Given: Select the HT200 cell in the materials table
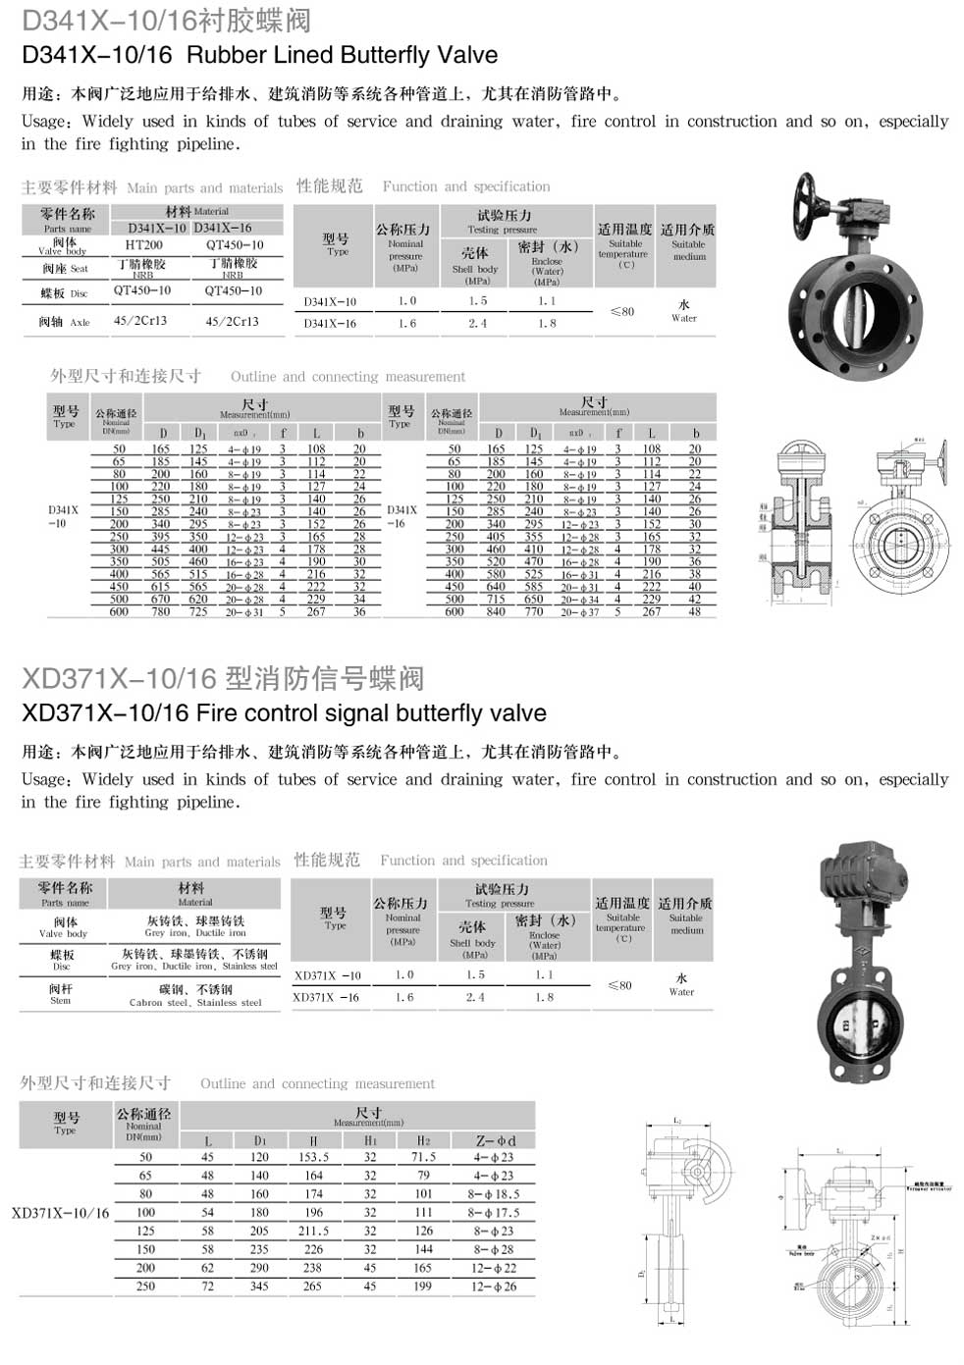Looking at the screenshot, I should (144, 244).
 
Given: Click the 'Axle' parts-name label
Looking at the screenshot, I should (80, 322).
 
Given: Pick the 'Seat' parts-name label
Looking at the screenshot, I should (80, 269).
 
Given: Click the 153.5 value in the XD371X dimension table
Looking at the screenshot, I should (313, 1157).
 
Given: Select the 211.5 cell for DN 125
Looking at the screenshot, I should (313, 1231).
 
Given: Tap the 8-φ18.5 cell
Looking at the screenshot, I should (494, 1194).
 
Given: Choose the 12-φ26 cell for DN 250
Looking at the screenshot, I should (494, 1286).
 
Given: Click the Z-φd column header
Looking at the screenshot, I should (495, 1140).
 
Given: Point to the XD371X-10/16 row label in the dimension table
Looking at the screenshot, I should (61, 1213).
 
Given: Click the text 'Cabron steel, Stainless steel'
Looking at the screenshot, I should (195, 1003).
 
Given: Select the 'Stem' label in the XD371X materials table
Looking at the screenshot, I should (61, 1001).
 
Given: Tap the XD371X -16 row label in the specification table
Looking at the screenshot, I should (326, 997).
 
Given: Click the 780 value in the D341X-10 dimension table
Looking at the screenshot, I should (161, 611).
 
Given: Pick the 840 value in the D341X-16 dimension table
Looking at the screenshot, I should (496, 611).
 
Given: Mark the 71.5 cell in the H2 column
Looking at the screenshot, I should (423, 1157).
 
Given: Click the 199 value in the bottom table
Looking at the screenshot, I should (423, 1286).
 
